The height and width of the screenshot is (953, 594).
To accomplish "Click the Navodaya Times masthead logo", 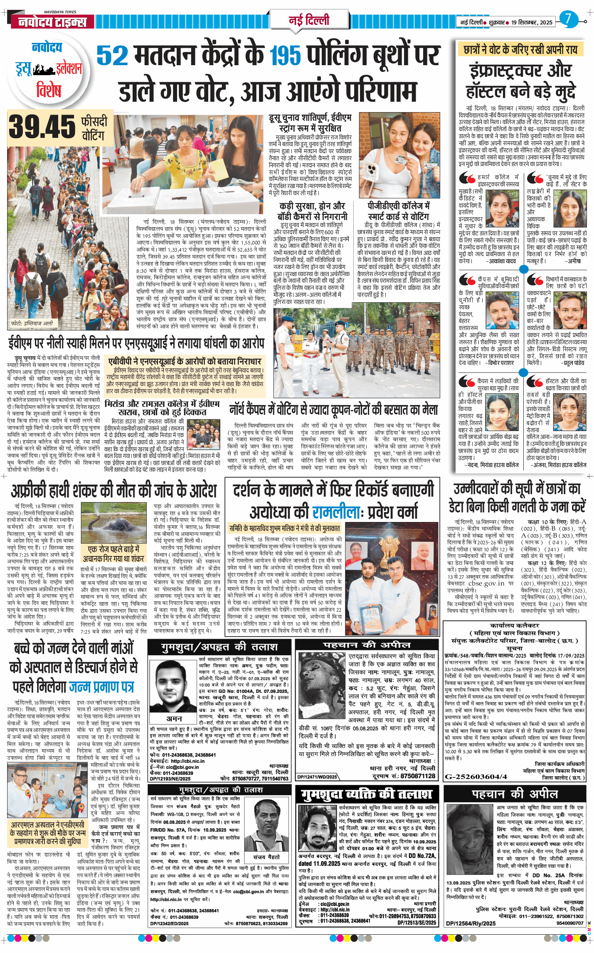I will click(52, 22).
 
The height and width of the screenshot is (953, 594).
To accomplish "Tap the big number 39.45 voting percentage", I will click(42, 127).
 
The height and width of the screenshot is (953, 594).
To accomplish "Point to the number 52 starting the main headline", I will click(112, 56).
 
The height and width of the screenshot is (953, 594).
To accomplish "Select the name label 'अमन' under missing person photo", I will click(174, 718).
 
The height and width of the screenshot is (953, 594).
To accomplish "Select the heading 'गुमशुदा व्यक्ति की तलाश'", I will click(366, 794).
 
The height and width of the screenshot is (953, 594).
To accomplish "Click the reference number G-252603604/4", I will click(476, 776).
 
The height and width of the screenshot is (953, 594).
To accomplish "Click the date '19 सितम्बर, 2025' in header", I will click(532, 22).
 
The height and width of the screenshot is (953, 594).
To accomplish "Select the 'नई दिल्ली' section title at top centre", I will click(309, 20).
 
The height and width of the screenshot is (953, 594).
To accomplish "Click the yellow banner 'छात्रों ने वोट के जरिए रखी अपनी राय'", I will click(520, 50).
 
